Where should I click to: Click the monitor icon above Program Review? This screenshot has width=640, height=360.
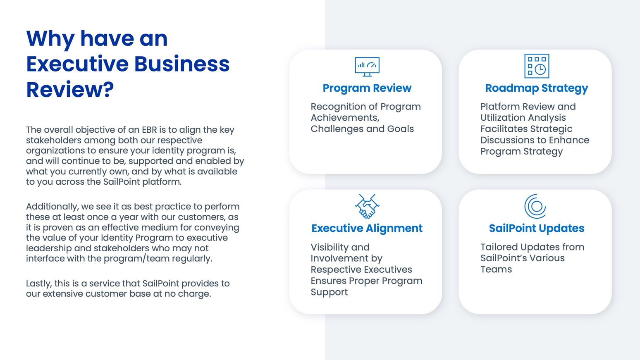pyautogui.click(x=367, y=67)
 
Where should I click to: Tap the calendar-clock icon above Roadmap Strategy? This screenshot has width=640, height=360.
pyautogui.click(x=537, y=66)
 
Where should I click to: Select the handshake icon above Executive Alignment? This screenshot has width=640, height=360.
pyautogui.click(x=367, y=206)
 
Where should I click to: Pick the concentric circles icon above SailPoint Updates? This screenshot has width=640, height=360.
pyautogui.click(x=535, y=206)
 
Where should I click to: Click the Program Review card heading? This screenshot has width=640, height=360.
pyautogui.click(x=367, y=88)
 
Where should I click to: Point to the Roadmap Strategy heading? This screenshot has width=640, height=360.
pyautogui.click(x=537, y=88)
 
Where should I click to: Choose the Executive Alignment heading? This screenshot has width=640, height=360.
pyautogui.click(x=367, y=228)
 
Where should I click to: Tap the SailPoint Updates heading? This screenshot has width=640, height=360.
pyautogui.click(x=537, y=228)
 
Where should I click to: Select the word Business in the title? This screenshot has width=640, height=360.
pyautogui.click(x=182, y=64)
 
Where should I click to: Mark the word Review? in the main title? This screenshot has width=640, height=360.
pyautogui.click(x=70, y=90)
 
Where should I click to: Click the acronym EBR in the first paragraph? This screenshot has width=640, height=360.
pyautogui.click(x=149, y=130)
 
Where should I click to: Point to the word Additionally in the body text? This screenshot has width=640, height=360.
pyautogui.click(x=52, y=207)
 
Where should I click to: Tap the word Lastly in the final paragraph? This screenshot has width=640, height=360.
pyautogui.click(x=38, y=284)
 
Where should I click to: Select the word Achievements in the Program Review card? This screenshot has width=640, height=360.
pyautogui.click(x=344, y=118)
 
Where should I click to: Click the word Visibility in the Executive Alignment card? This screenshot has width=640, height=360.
pyautogui.click(x=330, y=247)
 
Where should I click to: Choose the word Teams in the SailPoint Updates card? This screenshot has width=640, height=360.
pyautogui.click(x=496, y=269)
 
